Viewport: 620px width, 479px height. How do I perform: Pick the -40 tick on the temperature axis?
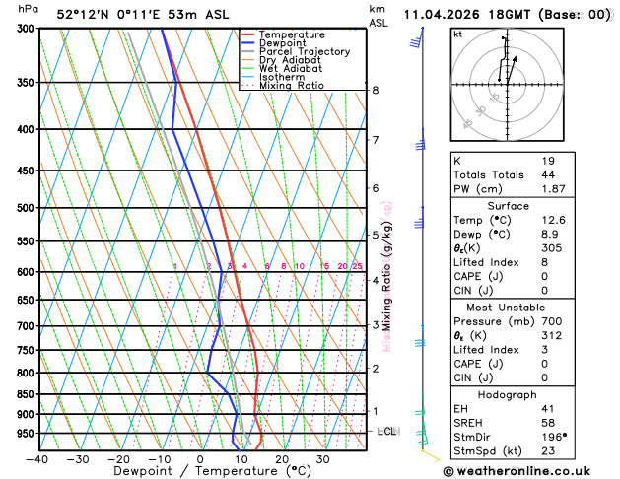coord(37,458)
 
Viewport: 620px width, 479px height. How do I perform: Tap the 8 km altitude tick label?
coord(376,91)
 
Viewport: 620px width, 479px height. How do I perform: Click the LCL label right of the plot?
coord(387,432)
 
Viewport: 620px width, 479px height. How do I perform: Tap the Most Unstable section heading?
coord(506,308)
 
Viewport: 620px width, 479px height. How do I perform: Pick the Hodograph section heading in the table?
coord(506,393)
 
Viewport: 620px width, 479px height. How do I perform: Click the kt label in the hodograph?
coord(457,34)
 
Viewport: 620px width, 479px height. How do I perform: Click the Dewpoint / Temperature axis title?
coord(200,471)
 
